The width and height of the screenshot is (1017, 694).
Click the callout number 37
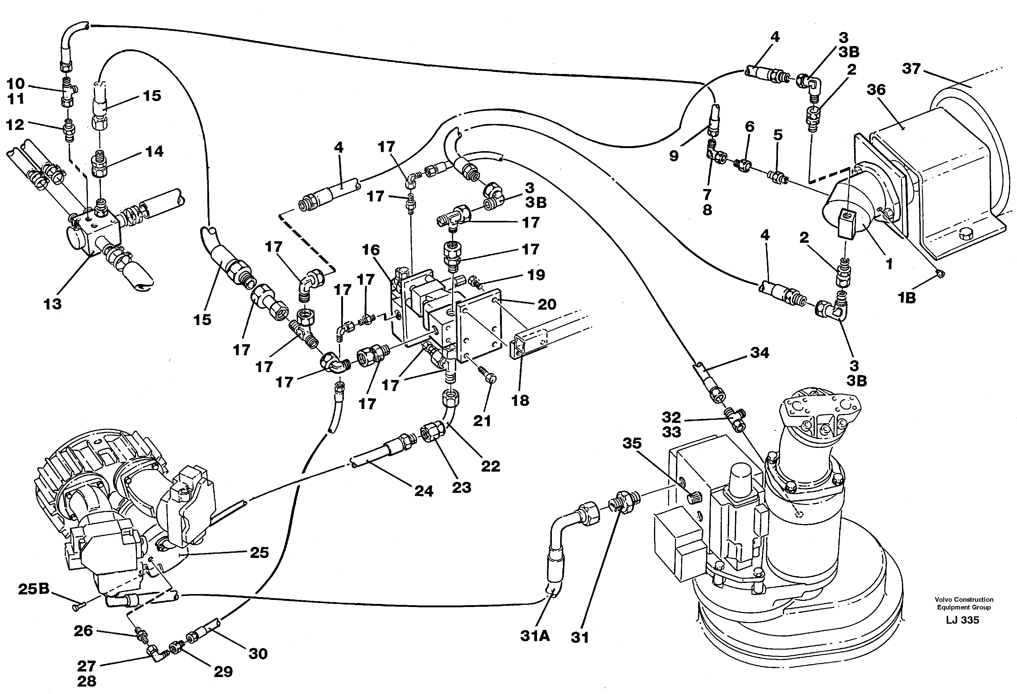(911, 69)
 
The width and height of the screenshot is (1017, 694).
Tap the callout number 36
(876, 90)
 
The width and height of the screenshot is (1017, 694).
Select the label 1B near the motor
(907, 298)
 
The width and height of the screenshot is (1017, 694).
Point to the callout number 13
(52, 304)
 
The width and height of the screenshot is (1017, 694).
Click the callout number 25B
(34, 589)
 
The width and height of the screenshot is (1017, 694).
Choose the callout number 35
(632, 443)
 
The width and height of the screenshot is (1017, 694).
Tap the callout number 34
(759, 353)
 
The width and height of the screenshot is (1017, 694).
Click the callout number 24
(424, 491)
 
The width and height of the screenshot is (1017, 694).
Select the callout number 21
(482, 421)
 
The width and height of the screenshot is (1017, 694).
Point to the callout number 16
(371, 250)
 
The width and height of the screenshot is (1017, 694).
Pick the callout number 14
(154, 151)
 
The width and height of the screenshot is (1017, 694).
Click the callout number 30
(258, 654)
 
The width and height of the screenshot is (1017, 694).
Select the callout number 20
(547, 304)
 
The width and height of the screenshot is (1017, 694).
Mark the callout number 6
(750, 127)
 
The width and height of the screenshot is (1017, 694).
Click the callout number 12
(15, 125)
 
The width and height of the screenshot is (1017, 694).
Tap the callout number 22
(490, 466)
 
